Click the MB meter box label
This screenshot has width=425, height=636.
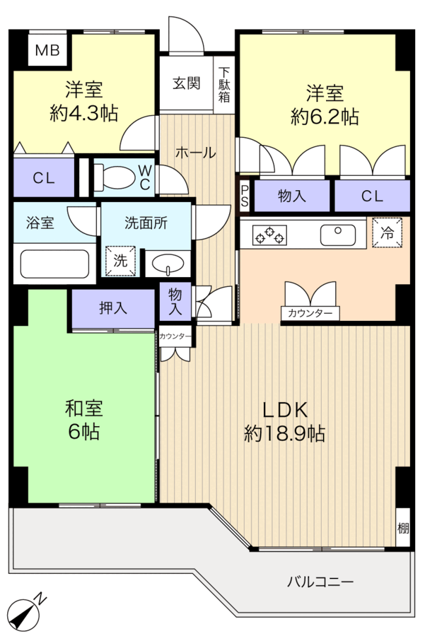coord(47,50)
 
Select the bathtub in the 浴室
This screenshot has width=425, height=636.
coord(54,264)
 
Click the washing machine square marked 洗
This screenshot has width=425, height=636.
coord(120,261)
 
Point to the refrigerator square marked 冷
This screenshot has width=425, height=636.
coord(387,232)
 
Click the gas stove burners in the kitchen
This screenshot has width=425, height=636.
coord(269,235)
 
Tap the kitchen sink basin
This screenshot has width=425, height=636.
coord(338,235)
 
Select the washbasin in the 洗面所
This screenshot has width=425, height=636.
coord(167,264)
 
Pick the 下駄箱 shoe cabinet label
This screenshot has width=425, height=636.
coord(224,84)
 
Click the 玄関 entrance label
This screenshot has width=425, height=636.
coord(186,83)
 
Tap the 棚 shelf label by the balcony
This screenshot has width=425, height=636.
coord(402,529)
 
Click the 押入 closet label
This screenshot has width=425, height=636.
coord(113,308)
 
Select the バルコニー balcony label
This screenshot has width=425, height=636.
coord(320,582)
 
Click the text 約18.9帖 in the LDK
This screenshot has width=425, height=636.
coord(284,434)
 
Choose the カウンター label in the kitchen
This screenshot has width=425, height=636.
coord(310,313)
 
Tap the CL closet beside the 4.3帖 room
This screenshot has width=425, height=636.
coord(44,178)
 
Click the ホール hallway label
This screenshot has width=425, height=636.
coord(196,153)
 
